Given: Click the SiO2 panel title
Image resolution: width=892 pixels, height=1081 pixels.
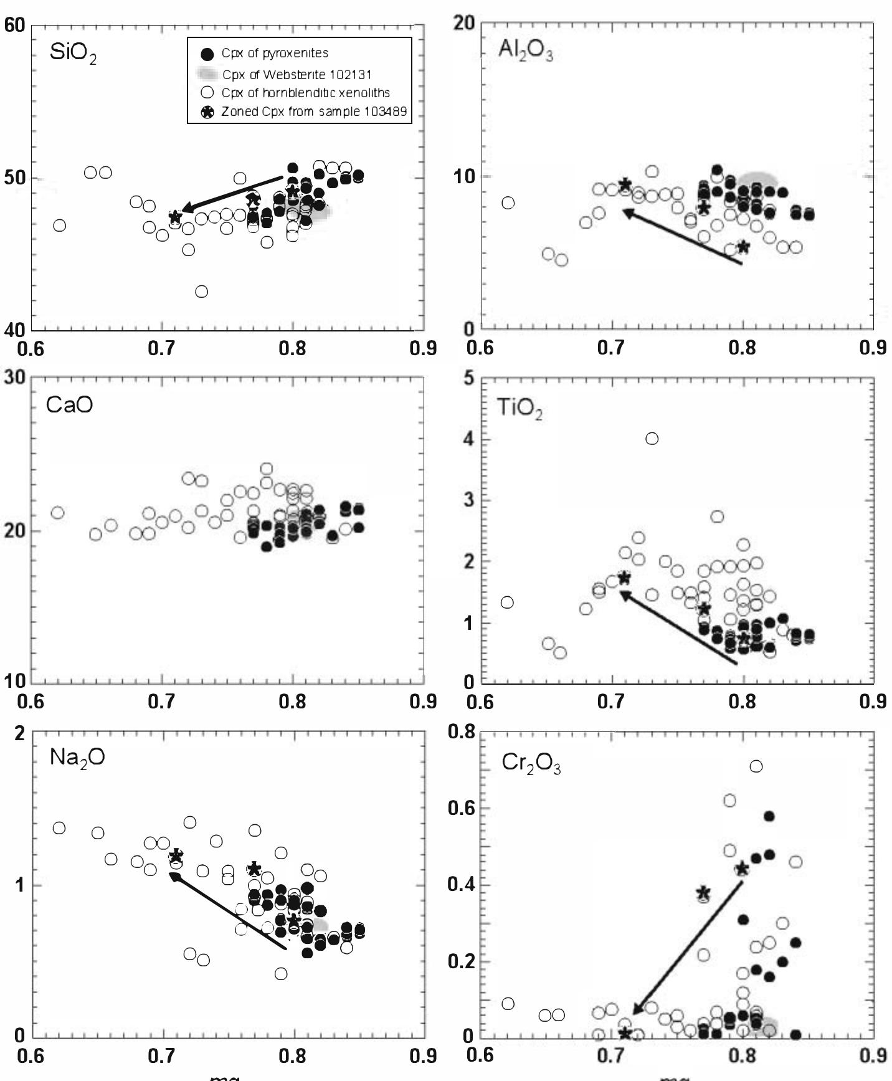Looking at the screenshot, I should click(x=73, y=53).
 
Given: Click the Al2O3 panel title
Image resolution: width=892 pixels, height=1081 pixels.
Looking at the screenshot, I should click(x=525, y=50).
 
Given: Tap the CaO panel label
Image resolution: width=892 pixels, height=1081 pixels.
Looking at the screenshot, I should click(x=69, y=405).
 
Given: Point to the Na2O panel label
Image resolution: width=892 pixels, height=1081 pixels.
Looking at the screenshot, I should click(x=77, y=757).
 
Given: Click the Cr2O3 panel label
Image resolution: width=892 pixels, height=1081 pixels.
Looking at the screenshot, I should click(x=531, y=764).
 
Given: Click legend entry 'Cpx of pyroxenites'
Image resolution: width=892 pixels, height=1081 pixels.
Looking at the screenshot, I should click(x=275, y=54).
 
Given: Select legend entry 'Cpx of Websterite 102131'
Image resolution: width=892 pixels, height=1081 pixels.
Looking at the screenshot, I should click(x=297, y=75).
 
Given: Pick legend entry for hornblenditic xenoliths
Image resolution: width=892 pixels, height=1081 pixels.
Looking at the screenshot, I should click(x=305, y=93).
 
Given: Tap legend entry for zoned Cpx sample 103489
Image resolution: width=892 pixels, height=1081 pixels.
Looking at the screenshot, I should click(x=314, y=112).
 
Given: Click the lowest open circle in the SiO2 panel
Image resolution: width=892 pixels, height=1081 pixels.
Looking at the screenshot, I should click(x=201, y=292).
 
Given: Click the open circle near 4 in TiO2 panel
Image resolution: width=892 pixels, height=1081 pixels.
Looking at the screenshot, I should click(x=652, y=439).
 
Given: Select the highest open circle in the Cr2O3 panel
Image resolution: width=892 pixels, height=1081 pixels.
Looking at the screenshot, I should click(x=756, y=766).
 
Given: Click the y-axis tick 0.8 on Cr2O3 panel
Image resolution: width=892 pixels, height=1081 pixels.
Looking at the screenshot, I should click(x=461, y=731).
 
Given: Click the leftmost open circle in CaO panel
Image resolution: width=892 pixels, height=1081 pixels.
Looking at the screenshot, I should click(x=57, y=513).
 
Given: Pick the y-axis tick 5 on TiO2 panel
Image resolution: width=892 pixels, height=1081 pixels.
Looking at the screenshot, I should click(x=469, y=379).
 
